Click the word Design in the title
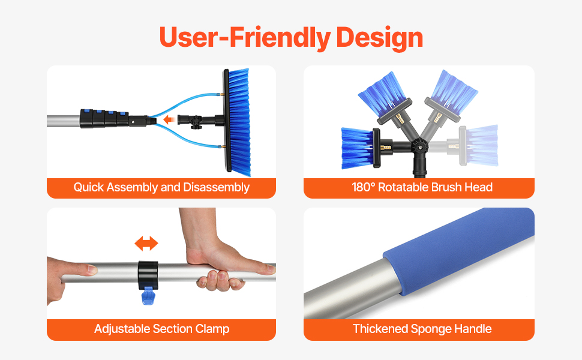pyautogui.click(x=379, y=38)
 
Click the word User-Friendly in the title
pyautogui.click(x=245, y=38)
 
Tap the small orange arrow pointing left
pyautogui.click(x=169, y=119)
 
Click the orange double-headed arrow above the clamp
pyautogui.click(x=146, y=244)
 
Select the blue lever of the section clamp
pyautogui.click(x=148, y=295)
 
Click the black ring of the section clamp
pyautogui.click(x=148, y=275)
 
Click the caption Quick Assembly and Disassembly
pyautogui.click(x=161, y=187)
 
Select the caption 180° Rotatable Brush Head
pyautogui.click(x=422, y=187)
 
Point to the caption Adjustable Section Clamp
pyautogui.click(x=161, y=329)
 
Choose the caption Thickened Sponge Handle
pyautogui.click(x=422, y=329)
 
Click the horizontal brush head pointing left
pyautogui.click(x=361, y=148)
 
